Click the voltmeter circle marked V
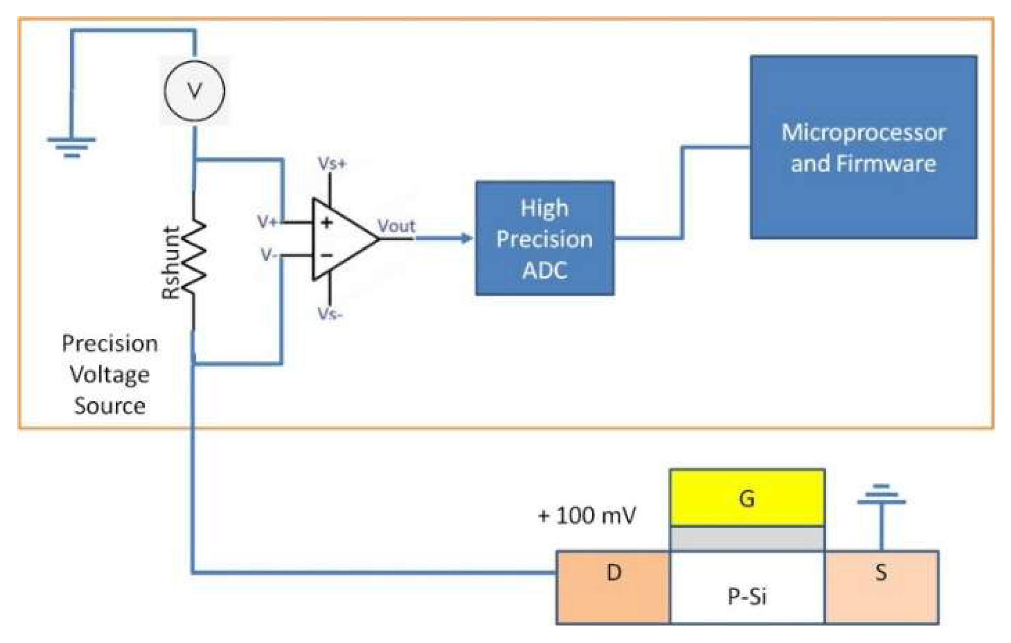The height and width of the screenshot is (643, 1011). click(194, 91)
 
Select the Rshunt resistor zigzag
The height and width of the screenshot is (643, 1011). click(194, 258)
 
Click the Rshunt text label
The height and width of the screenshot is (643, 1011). click(171, 262)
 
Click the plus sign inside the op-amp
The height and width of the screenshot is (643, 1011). click(327, 222)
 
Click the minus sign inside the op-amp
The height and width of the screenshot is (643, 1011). click(327, 255)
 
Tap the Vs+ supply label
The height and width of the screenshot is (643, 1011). click(332, 164)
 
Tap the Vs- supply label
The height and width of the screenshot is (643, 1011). click(330, 314)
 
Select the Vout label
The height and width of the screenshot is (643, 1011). click(396, 226)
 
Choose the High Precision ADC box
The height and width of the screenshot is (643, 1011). click(544, 238)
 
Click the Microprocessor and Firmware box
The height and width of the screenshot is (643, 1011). click(863, 147)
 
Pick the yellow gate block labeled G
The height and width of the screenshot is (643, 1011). click(747, 498)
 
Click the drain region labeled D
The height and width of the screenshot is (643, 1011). click(613, 587)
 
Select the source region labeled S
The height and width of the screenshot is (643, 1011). click(881, 587)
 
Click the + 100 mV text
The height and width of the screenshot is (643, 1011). click(586, 516)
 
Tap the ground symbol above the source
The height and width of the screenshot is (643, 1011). click(881, 498)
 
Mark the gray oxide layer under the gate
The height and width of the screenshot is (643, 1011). click(747, 538)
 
